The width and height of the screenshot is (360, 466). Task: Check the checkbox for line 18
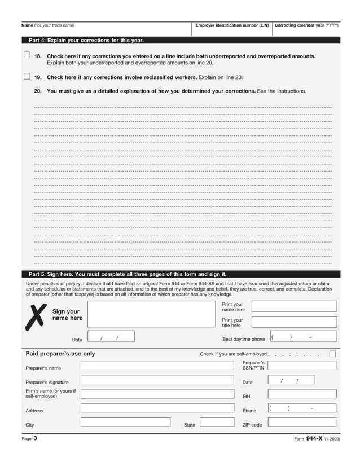[x=27, y=55]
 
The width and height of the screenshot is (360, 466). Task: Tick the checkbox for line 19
[x=27, y=76]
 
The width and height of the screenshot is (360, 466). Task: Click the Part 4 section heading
[x=86, y=41]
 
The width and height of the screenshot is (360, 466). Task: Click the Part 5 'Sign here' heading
[x=128, y=274]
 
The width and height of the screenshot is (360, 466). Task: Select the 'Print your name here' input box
[x=293, y=306]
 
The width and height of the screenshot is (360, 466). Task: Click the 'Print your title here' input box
[x=293, y=322]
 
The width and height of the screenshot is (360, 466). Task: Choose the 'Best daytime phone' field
[x=303, y=337]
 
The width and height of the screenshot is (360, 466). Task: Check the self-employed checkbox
[x=332, y=354]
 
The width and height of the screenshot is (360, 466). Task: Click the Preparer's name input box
[x=156, y=366]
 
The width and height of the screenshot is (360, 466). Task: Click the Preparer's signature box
[x=156, y=380]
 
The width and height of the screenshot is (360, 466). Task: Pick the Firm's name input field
[x=156, y=394]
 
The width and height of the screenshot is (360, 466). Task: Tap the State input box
[x=217, y=422]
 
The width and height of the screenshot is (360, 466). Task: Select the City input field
[x=125, y=422]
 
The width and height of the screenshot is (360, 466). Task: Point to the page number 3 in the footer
[x=35, y=438]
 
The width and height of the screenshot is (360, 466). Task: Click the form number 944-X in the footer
[x=314, y=439]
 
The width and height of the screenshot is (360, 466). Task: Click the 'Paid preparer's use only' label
[x=60, y=354]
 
